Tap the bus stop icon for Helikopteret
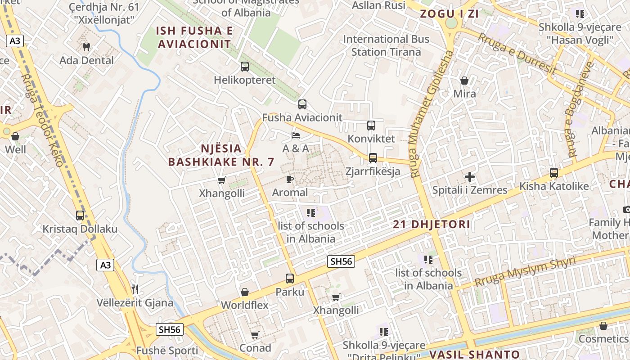click(x=245, y=67)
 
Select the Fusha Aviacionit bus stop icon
click(x=302, y=104)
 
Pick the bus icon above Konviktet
click(x=371, y=126)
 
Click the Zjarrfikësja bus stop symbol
click(x=373, y=158)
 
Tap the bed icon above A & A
click(x=296, y=135)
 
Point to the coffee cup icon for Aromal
click(x=290, y=180)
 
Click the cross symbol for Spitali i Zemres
click(x=470, y=177)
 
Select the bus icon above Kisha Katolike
click(x=554, y=173)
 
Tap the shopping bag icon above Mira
click(x=464, y=81)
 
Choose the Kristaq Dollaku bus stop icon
click(x=80, y=216)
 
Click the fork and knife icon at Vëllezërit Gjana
click(x=135, y=289)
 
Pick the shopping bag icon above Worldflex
click(x=245, y=292)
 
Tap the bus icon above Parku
click(x=290, y=279)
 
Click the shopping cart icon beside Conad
click(x=255, y=335)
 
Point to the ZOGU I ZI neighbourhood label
click(x=449, y=14)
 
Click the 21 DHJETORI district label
click(x=431, y=224)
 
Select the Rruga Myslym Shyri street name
click(x=525, y=272)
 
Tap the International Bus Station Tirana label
click(x=386, y=45)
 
